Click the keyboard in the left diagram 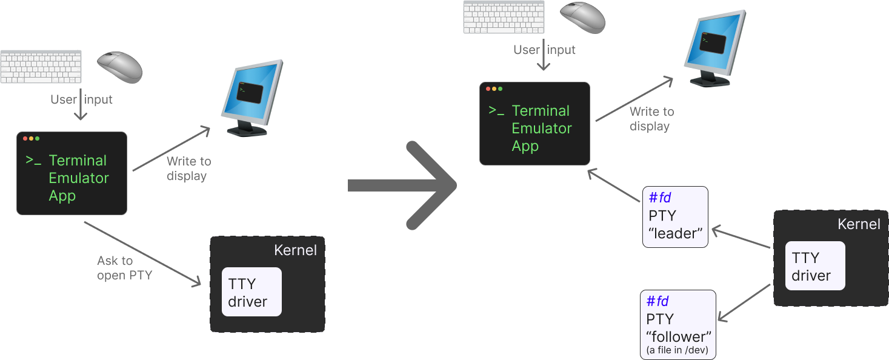41,67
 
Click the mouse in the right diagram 582,17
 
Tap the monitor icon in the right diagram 715,47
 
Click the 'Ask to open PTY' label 124,268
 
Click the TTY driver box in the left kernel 251,292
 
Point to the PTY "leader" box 675,216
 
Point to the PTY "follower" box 678,324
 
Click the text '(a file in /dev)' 678,351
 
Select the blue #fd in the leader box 659,198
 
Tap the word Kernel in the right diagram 858,224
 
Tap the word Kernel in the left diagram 295,250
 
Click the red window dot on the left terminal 25,139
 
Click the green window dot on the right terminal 501,89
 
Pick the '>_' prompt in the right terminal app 496,112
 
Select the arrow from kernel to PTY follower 744,302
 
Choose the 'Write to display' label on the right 651,119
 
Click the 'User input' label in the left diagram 81,99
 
